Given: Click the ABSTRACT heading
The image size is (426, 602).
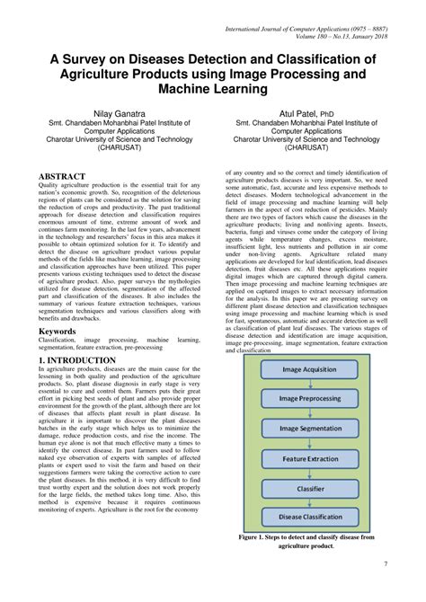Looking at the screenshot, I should coord(63,176).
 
